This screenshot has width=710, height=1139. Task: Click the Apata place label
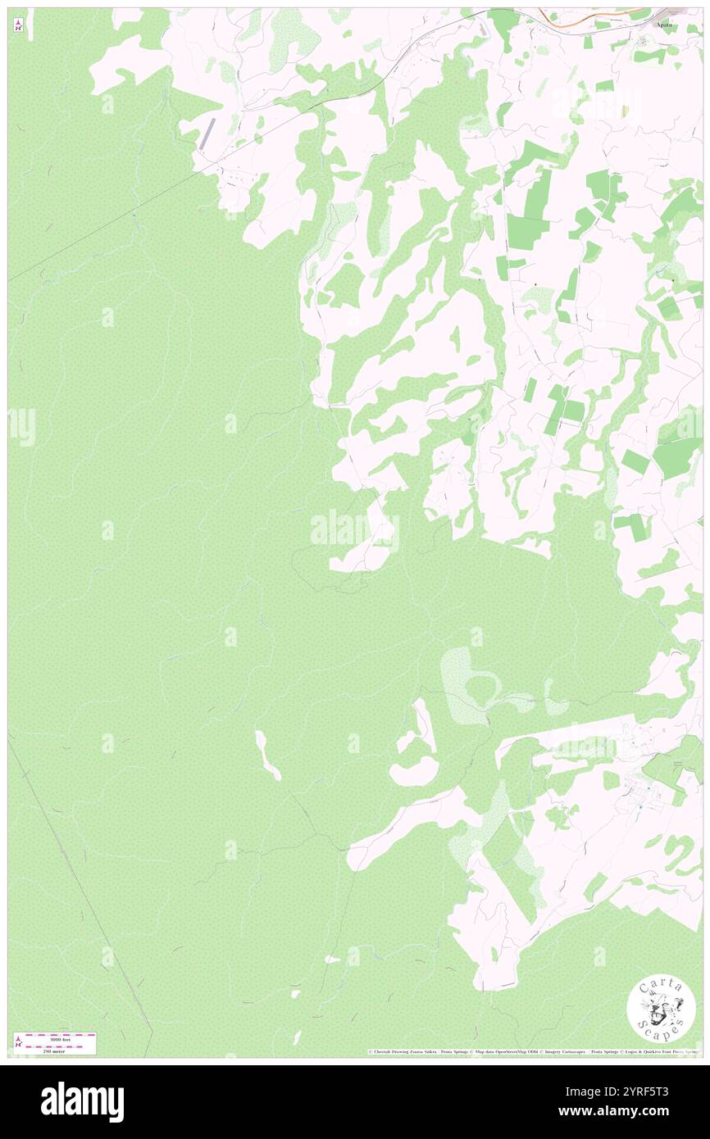coord(663,25)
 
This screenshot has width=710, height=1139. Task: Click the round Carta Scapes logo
coord(661,1009)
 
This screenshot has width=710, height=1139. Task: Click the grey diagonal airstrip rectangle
coord(207,134)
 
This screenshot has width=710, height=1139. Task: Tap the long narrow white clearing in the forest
coord(267,754)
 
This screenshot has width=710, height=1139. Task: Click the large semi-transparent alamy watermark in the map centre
coord(354,531)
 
